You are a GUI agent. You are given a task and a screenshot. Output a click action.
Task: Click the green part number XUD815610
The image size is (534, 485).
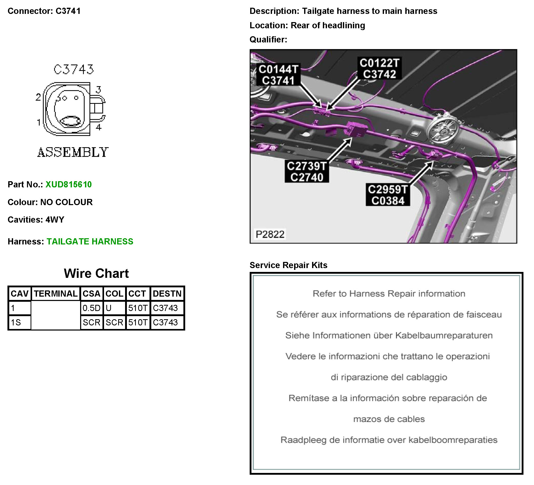click(68, 185)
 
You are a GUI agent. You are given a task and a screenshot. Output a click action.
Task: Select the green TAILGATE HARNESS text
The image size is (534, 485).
click(90, 241)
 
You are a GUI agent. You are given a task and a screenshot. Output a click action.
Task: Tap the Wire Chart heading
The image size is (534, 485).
click(96, 273)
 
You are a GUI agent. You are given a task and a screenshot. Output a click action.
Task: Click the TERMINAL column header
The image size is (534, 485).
click(56, 294)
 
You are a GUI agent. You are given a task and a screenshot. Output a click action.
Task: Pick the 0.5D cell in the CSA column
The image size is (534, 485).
click(91, 308)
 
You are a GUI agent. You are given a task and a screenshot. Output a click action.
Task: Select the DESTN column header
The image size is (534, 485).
click(167, 294)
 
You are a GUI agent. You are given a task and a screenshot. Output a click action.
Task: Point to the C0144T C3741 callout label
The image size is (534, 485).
click(278, 75)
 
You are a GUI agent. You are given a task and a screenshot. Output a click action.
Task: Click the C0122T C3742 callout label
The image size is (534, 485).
click(379, 68)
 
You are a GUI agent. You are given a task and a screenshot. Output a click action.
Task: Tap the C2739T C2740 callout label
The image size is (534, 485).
click(307, 171)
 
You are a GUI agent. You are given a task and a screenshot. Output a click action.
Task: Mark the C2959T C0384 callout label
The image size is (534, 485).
click(388, 195)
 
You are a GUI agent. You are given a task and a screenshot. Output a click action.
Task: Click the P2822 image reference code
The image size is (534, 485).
click(270, 234)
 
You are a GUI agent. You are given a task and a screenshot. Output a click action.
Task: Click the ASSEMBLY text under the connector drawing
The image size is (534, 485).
click(73, 152)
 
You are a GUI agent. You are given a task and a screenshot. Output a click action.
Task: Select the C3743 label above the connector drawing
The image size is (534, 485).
click(74, 69)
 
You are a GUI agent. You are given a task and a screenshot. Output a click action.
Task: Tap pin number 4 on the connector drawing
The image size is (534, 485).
click(99, 127)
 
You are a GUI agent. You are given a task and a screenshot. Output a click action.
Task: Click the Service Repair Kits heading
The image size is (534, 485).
click(288, 265)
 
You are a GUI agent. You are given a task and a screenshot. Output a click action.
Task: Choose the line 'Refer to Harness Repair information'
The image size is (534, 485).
click(389, 294)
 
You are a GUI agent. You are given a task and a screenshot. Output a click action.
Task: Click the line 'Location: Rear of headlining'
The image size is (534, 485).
click(307, 25)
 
